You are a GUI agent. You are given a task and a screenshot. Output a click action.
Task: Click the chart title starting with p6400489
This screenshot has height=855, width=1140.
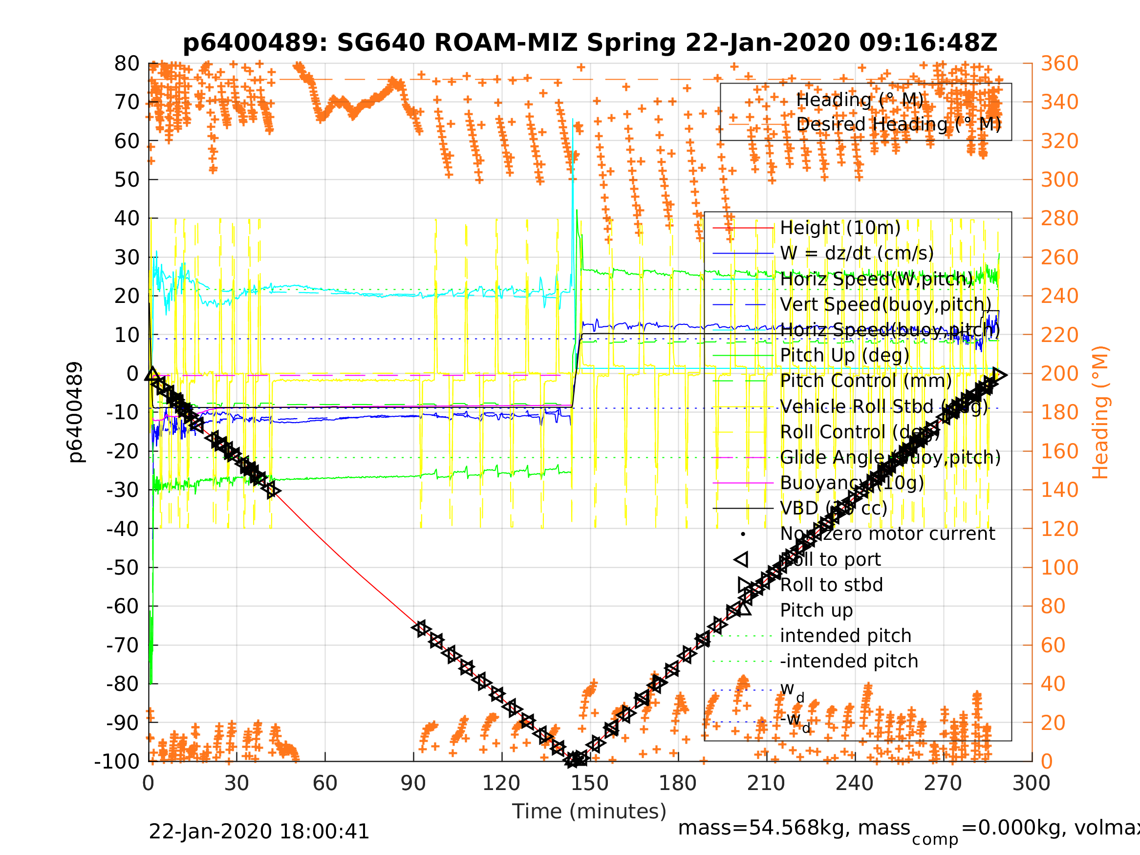pos(590,43)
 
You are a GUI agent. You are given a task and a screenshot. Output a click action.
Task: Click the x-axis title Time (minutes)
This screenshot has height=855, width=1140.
pos(589,811)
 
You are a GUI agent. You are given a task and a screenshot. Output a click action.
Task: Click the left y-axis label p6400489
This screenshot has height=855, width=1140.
pos(75,412)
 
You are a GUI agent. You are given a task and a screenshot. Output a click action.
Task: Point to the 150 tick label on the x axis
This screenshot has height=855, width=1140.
pos(590,783)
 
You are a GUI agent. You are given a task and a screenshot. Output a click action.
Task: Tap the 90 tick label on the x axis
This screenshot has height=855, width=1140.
pos(413,783)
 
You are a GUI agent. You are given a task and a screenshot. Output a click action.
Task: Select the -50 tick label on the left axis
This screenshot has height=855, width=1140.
pos(123,567)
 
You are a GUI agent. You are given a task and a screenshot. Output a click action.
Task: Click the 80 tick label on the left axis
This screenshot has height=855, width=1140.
pos(127,64)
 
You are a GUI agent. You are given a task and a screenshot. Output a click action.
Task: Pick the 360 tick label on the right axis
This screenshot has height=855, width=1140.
pos(1059,64)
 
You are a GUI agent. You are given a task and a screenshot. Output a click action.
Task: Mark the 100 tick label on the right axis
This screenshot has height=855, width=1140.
pos(1059,567)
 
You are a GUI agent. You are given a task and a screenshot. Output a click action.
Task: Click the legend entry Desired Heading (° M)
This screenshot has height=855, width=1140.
pos(898,124)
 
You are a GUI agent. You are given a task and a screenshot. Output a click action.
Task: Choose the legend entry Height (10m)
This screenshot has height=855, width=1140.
pos(840,227)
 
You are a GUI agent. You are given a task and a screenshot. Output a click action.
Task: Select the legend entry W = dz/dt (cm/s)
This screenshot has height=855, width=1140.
pos(857,253)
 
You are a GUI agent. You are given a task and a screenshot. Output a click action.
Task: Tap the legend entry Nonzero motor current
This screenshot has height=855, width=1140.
pos(887,534)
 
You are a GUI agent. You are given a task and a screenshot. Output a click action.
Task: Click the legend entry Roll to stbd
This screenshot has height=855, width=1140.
pos(831,585)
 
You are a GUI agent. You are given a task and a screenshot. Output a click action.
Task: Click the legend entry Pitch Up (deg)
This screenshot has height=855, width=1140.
pos(844,355)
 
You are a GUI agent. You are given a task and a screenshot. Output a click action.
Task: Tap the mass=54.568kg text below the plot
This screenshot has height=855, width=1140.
pos(794,828)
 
